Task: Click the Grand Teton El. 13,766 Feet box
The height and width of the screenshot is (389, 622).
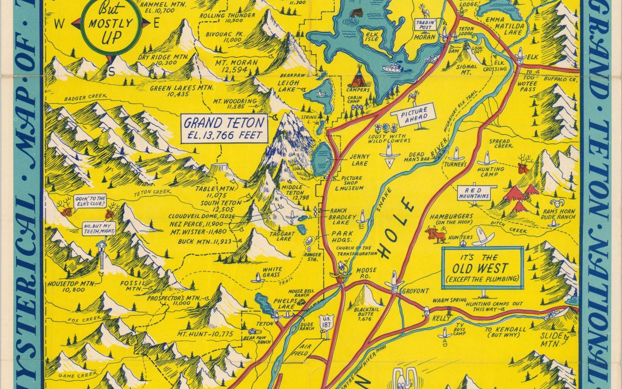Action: (225, 128)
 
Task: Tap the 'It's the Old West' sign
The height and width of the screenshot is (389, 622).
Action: (482, 269)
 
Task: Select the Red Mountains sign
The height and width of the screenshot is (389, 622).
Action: (474, 192)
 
